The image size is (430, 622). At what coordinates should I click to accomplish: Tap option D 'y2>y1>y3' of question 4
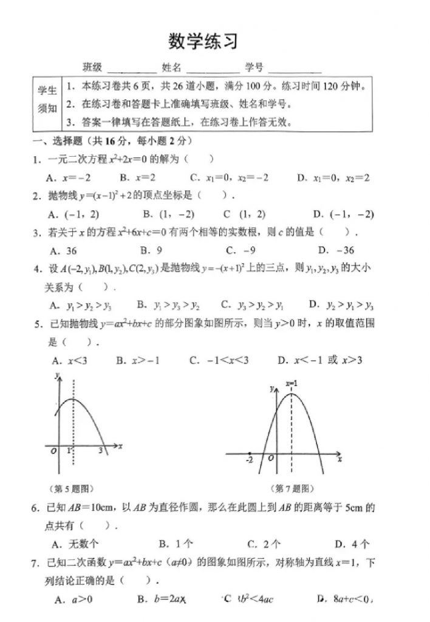click(x=341, y=305)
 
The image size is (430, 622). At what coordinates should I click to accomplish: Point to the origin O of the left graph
click(x=53, y=451)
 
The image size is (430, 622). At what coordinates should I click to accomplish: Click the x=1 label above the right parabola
click(x=291, y=384)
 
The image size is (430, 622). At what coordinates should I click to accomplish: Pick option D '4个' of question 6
click(x=353, y=544)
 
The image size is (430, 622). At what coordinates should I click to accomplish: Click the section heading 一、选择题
click(x=60, y=141)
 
